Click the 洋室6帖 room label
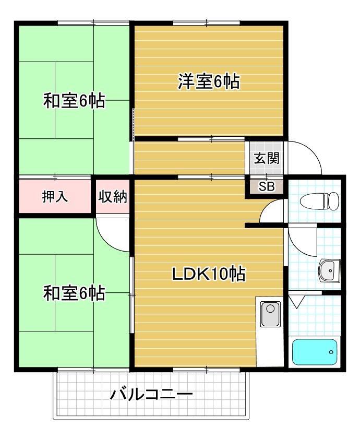(209, 82)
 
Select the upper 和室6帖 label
(74, 100)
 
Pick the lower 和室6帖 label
(74, 293)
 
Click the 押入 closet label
(54, 197)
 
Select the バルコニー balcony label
(151, 394)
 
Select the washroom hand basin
(329, 270)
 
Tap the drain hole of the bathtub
(331, 352)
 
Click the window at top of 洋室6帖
(207, 22)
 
